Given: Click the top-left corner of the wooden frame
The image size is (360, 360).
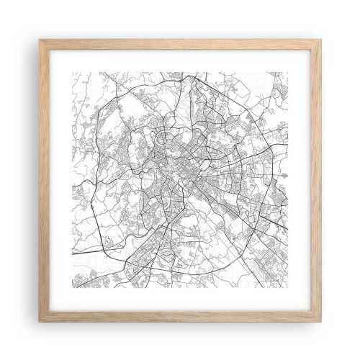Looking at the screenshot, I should pyautogui.click(x=39, y=40).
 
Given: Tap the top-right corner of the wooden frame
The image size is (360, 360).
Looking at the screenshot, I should pyautogui.click(x=321, y=40).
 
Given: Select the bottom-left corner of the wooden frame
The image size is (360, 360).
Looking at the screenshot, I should pyautogui.click(x=39, y=321).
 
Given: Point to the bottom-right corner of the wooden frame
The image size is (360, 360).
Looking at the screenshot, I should pyautogui.click(x=321, y=321).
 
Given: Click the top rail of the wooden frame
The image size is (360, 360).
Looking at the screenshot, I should pyautogui.click(x=180, y=42).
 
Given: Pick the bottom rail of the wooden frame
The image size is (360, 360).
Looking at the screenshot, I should pyautogui.click(x=180, y=318).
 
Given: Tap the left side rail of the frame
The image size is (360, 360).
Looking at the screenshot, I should pyautogui.click(x=42, y=180).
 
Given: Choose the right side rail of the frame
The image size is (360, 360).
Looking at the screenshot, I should pyautogui.click(x=318, y=180).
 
